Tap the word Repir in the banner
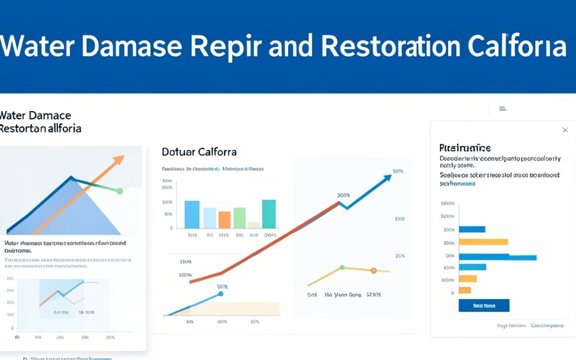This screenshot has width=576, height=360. click(227, 47)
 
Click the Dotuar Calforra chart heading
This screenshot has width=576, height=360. click(199, 152)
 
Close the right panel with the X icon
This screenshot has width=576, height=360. click(565, 130)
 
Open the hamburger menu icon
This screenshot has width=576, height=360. click(502, 108)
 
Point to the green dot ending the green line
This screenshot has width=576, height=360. click(120, 191)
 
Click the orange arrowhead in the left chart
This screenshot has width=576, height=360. click(119, 159)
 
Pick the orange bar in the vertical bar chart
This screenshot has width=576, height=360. click(225, 219)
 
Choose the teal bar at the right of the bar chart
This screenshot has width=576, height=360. click(269, 214)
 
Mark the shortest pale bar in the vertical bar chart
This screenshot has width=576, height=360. click(254, 225)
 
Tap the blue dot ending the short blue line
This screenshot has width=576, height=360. click(220, 294)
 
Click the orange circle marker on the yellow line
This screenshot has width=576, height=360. click(373, 271)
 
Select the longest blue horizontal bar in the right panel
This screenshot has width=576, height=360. click(497, 257)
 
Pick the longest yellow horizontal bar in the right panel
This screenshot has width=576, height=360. click(483, 242)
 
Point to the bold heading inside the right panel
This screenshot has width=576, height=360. click(465, 148)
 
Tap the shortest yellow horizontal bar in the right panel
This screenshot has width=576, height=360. click(465, 290)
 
